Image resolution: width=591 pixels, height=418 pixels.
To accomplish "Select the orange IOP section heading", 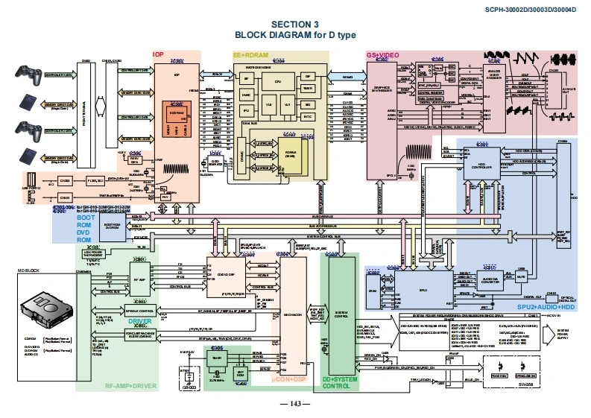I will point(158,54).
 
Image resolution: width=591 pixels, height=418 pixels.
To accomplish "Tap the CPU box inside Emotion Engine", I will point(277,80).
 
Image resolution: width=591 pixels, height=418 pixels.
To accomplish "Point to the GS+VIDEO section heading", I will point(382,54).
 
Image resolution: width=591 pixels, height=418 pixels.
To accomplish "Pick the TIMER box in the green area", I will point(218,358).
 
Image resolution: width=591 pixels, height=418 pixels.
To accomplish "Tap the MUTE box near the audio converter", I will point(522,277).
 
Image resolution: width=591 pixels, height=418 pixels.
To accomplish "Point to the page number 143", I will point(295,404).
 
